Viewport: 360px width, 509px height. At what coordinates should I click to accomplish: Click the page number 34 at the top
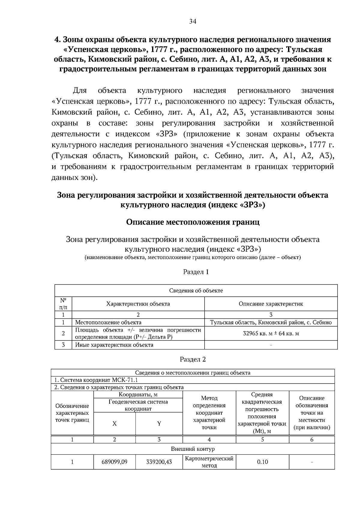(193, 21)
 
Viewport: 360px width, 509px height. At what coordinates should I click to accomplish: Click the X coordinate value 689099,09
(115, 462)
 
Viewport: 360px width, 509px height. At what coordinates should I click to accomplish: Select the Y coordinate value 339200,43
(159, 462)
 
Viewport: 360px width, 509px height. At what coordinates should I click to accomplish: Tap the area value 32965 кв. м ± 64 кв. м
(271, 333)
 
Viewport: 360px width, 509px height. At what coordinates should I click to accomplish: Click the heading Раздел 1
(196, 272)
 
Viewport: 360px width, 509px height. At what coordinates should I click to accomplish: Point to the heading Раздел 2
(193, 359)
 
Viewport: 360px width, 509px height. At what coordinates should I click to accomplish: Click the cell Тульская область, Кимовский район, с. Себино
(271, 322)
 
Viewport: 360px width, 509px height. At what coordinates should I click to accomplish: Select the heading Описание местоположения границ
(193, 222)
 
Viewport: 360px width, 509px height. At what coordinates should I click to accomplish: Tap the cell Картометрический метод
(209, 462)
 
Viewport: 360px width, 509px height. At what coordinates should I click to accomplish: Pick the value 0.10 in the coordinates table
(262, 462)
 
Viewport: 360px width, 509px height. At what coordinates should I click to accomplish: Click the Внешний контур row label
(193, 449)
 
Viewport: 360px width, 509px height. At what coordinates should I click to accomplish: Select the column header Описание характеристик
(271, 304)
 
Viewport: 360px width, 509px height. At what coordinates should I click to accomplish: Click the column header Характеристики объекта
(138, 304)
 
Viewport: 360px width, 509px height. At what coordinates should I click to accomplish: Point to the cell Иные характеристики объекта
(114, 345)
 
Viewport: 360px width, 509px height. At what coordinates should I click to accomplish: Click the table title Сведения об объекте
(196, 291)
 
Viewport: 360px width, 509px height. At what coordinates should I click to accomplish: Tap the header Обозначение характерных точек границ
(72, 413)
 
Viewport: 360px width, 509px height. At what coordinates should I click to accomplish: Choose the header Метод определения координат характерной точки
(209, 413)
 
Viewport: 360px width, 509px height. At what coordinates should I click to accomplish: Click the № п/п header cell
(63, 304)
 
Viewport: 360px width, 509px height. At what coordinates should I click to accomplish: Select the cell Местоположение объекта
(108, 322)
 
